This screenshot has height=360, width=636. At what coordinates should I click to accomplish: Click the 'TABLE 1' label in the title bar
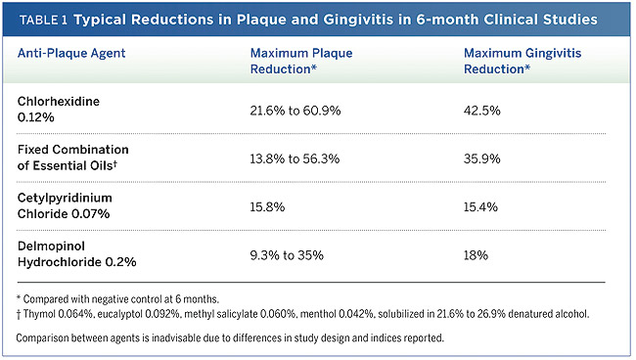click(43, 20)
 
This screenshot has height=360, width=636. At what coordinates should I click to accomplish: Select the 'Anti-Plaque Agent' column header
click(71, 53)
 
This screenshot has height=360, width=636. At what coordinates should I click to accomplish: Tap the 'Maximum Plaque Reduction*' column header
click(301, 61)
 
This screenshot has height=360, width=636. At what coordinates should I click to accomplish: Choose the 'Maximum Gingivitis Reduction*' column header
click(522, 61)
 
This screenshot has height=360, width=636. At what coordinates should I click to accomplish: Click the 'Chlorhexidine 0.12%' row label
click(59, 109)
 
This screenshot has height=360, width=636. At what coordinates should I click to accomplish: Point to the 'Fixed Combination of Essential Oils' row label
click(73, 157)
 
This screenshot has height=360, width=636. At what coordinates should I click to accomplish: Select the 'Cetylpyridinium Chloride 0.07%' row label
click(65, 205)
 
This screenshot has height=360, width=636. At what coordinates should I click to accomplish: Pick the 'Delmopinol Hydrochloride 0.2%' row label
click(76, 253)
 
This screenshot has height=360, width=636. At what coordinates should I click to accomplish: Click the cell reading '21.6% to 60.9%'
click(295, 111)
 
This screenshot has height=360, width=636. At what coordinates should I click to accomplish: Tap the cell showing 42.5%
click(481, 111)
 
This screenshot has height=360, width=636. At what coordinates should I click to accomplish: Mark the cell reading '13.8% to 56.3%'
click(295, 158)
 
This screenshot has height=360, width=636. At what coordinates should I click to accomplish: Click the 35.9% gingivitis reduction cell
click(481, 158)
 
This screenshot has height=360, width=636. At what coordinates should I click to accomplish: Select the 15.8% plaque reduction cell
click(267, 206)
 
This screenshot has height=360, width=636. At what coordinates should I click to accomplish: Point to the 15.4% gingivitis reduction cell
click(480, 206)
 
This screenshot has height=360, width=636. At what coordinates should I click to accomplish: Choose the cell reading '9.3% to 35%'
click(287, 255)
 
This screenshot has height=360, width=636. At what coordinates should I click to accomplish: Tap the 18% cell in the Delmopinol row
click(476, 255)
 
